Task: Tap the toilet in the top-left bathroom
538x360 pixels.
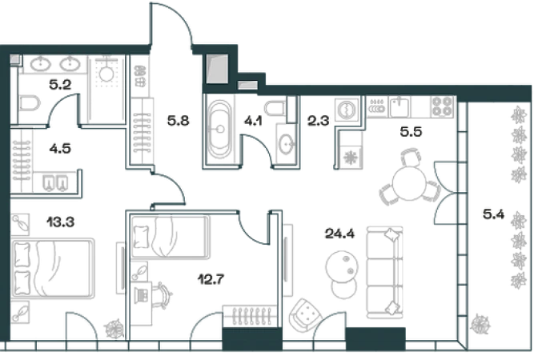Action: (x=30, y=103)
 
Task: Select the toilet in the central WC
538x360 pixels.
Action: (x=286, y=142)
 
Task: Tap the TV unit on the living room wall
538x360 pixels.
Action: (x=287, y=256)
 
